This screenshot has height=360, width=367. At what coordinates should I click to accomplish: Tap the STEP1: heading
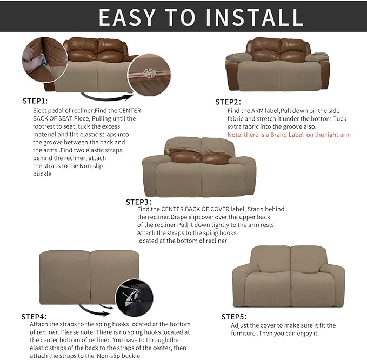[x=35, y=101]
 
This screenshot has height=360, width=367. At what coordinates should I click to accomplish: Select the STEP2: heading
[x=228, y=102]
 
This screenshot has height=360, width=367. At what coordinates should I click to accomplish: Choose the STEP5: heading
[x=234, y=316]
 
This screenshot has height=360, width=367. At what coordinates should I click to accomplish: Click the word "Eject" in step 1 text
[x=41, y=110]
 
